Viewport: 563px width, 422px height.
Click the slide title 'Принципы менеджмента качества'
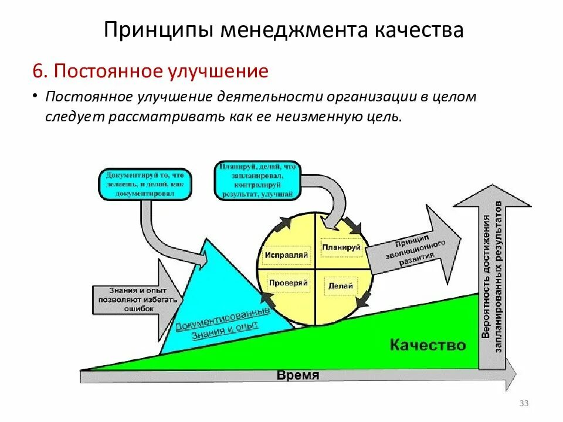click(283, 30)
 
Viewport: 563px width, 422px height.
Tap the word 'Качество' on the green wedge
click(428, 345)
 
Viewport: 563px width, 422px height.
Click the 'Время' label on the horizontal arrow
click(298, 376)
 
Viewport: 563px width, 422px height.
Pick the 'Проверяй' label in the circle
click(288, 283)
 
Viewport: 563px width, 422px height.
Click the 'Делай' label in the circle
click(340, 286)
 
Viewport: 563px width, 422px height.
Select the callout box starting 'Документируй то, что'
click(145, 184)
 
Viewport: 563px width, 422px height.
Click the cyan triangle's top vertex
click(206, 239)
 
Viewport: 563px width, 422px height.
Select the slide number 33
click(524, 403)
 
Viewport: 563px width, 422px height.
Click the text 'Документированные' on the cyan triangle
click(223, 318)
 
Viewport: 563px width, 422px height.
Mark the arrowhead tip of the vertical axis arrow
click(493, 186)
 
